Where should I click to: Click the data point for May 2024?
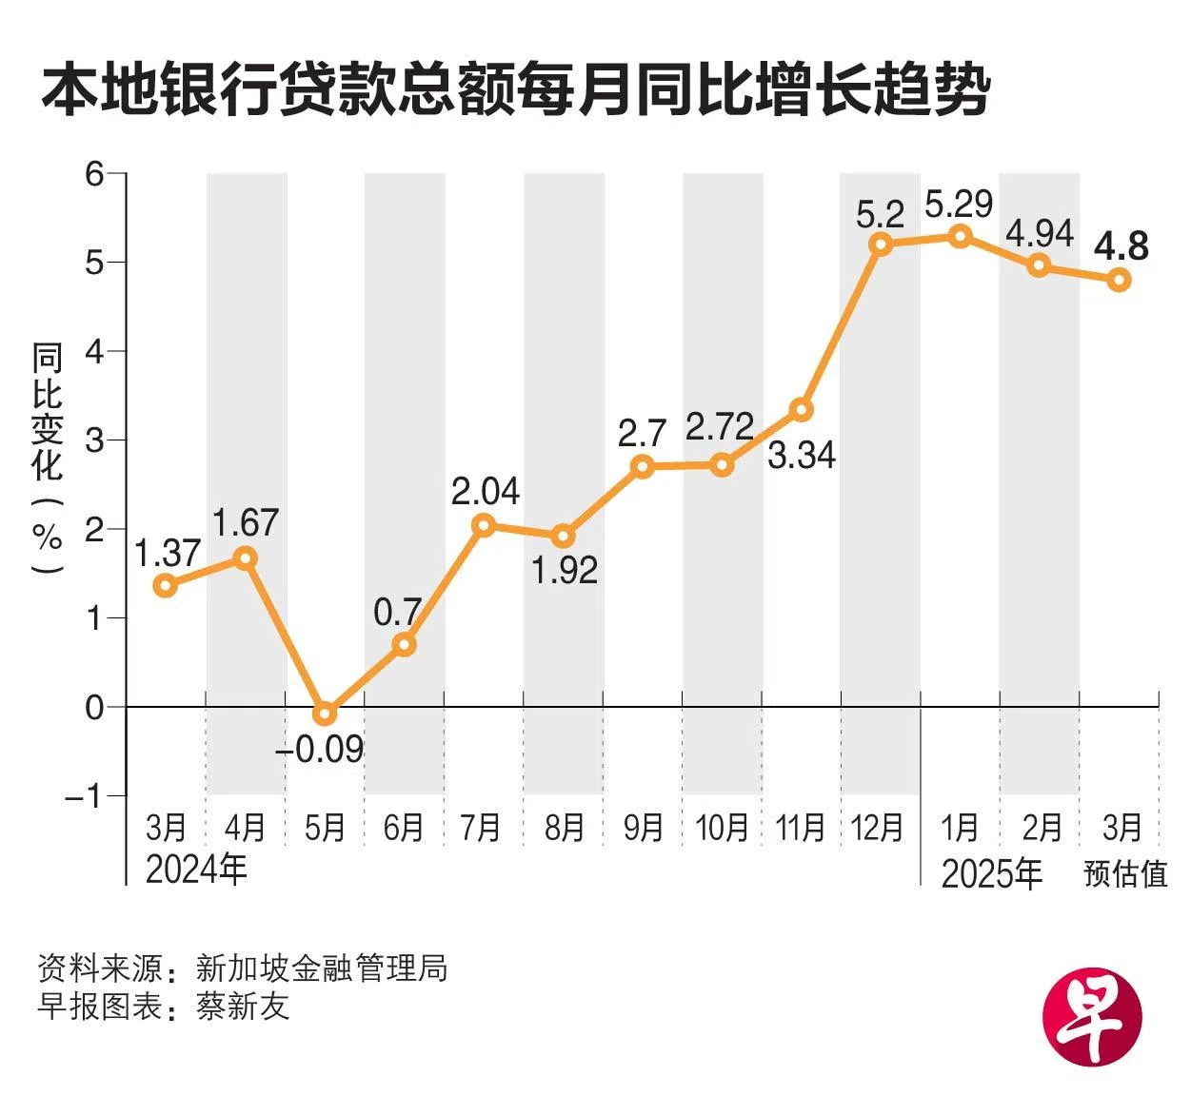325,713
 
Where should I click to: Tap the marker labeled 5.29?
961,235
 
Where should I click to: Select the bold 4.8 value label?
1121,245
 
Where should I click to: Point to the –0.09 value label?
320,750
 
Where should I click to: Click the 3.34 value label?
802,455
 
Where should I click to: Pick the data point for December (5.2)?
881,244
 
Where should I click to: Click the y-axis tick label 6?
93,174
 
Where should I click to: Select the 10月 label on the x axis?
722,828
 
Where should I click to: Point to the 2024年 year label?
196,869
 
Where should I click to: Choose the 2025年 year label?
992,873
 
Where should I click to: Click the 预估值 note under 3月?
1125,873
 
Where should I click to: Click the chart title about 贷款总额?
515,91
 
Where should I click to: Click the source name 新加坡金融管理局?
321,968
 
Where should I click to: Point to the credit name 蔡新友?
243,1007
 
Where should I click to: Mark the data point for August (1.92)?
563,536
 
